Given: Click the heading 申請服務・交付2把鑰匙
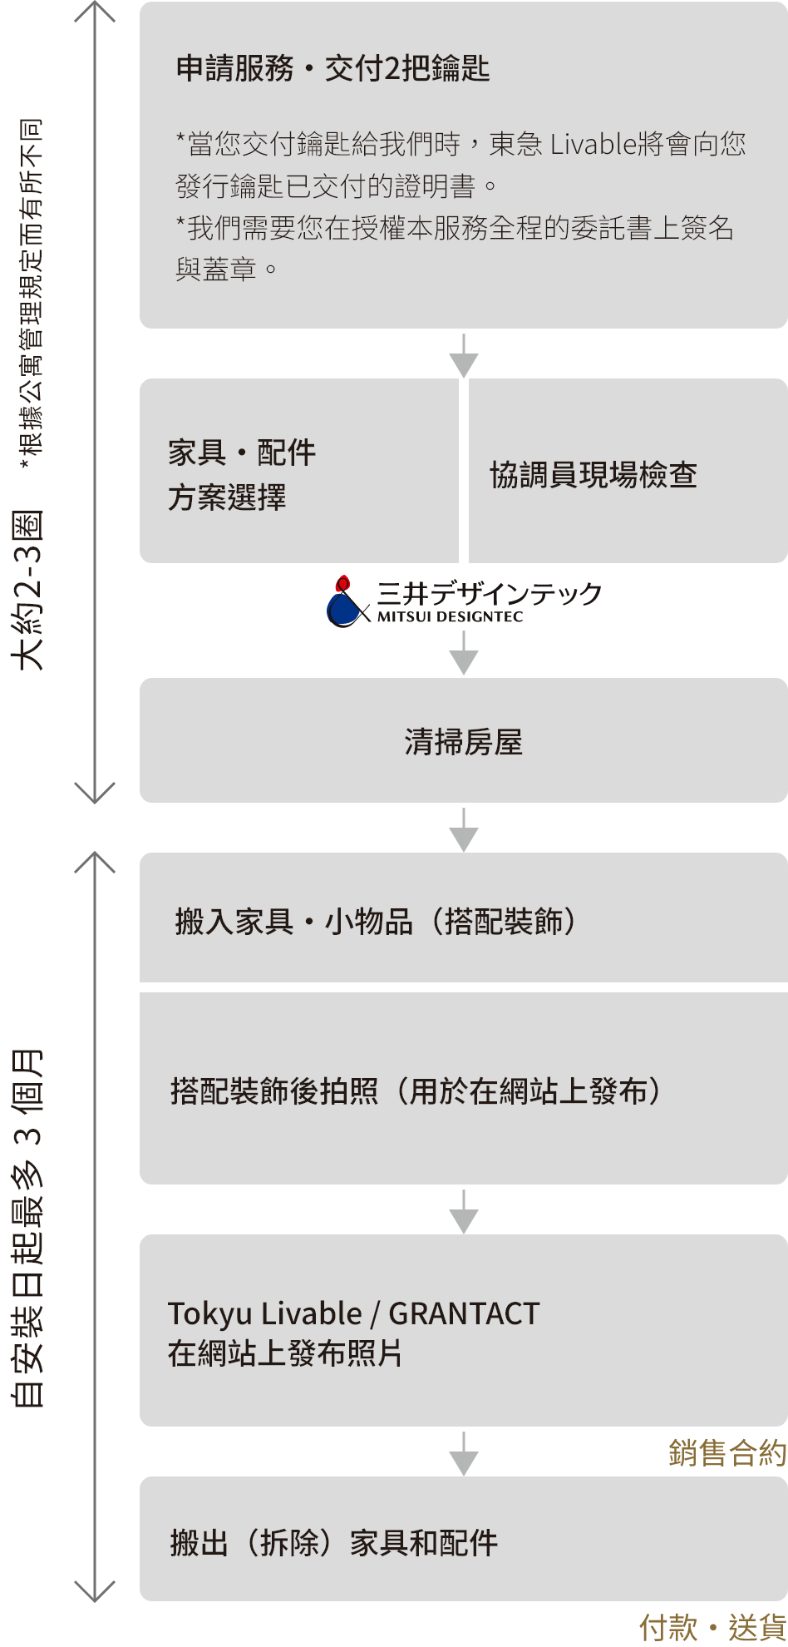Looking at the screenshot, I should click(x=332, y=69).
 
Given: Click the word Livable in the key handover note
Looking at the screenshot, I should click(x=593, y=145).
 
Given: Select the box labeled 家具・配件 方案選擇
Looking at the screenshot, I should click(x=241, y=475).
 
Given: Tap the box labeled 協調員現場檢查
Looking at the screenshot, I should click(x=593, y=475).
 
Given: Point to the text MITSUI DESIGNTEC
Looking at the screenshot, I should click(x=450, y=617).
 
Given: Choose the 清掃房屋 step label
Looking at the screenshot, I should click(x=463, y=742).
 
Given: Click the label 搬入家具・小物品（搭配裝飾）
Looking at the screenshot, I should click(x=375, y=922).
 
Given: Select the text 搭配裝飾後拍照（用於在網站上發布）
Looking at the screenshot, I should click(x=416, y=1091).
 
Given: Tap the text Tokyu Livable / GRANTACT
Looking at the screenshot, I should click(x=354, y=1313).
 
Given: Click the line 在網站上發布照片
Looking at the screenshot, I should click(x=285, y=1353).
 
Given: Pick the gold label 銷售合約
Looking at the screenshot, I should click(x=727, y=1453).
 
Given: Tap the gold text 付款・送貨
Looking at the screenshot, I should click(x=712, y=1627).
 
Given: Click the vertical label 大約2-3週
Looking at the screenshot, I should click(x=28, y=591).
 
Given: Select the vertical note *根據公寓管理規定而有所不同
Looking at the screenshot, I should click(x=32, y=291).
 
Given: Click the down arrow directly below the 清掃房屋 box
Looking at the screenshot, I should click(x=463, y=829).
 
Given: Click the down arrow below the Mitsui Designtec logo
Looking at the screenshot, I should click(x=463, y=654).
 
